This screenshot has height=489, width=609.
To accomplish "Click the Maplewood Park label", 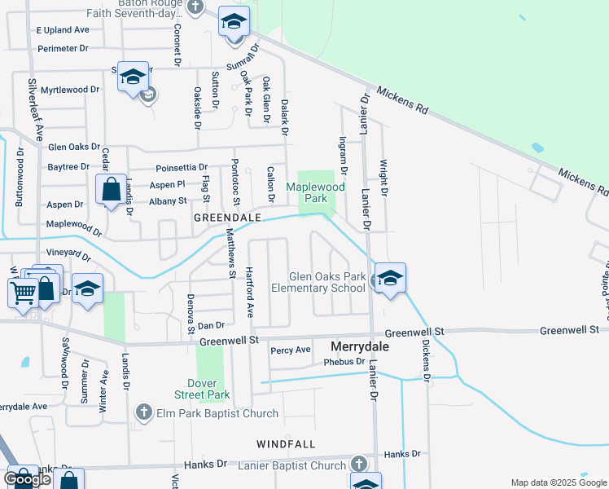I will [317, 192].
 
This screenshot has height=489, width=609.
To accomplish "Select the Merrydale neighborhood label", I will [359, 346].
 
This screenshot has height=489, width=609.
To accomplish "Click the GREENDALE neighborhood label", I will [227, 218].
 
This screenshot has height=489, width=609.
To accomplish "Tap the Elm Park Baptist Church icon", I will [144, 412].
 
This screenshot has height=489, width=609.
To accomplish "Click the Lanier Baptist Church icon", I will [358, 464].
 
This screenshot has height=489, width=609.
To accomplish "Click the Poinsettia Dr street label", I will [182, 168].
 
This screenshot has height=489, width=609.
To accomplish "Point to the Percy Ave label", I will [291, 350].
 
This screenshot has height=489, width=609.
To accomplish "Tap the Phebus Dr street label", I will [343, 362].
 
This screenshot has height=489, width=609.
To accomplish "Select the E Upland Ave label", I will [62, 29].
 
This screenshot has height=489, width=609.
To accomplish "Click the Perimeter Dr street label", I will [63, 48].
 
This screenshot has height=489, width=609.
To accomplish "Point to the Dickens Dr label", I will [426, 359].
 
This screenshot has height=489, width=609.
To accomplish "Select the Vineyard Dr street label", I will [68, 254].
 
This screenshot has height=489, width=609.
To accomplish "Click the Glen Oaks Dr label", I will [74, 148].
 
